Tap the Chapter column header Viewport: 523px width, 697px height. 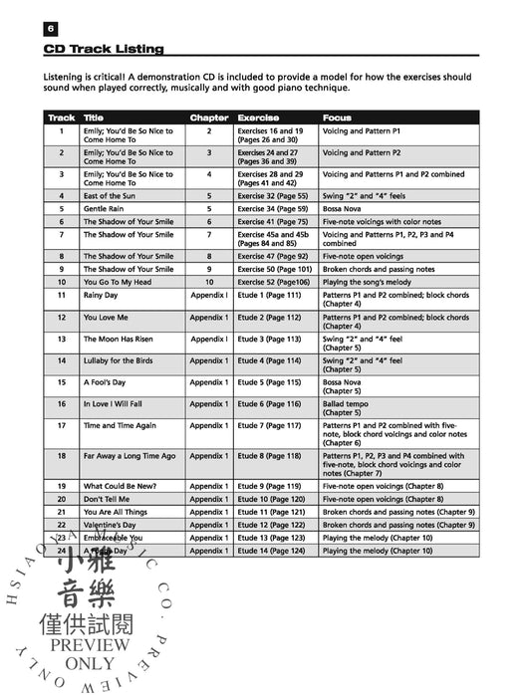tap(208, 117)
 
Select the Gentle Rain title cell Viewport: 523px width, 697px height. tap(104, 209)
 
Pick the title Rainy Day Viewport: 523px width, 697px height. tap(102, 295)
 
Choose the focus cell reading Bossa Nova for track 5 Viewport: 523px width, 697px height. tap(345, 209)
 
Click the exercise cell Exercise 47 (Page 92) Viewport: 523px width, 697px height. tap(272, 256)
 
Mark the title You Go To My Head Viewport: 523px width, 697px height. tap(118, 282)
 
